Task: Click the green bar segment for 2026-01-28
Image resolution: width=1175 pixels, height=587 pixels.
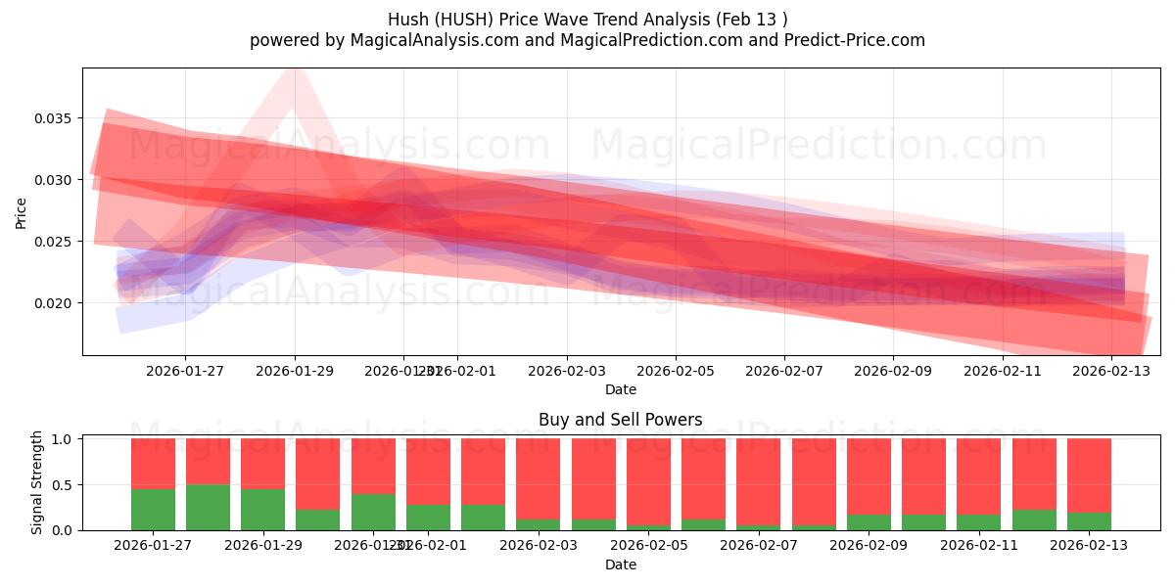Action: click(208, 507)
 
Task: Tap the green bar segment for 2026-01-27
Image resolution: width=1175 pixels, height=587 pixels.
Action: click(153, 509)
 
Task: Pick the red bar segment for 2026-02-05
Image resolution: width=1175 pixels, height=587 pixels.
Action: click(649, 481)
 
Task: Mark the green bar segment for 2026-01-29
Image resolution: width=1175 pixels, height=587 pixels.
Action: click(262, 509)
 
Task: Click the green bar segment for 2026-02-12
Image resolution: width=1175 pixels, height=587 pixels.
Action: click(1034, 519)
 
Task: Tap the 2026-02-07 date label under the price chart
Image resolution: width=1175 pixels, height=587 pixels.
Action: click(783, 372)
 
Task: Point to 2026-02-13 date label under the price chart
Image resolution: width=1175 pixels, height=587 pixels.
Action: click(1111, 372)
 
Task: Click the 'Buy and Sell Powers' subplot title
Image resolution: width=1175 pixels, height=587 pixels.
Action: click(620, 420)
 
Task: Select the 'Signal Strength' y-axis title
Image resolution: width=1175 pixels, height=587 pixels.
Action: click(37, 482)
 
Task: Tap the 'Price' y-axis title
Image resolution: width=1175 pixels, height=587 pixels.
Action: click(22, 212)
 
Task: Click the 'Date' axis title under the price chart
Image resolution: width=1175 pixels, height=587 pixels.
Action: click(620, 389)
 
